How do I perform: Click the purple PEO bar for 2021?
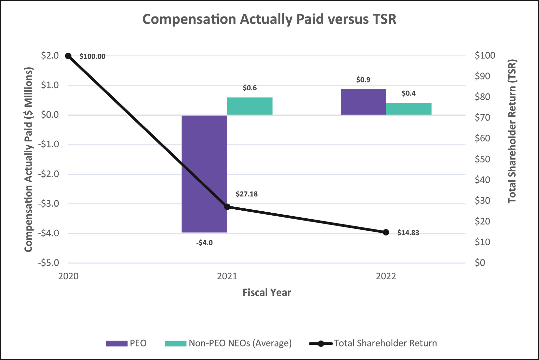204,174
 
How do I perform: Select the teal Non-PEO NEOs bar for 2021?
250,106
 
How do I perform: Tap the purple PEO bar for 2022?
363,102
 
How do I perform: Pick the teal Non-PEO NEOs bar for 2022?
409,109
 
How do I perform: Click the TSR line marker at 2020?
68,56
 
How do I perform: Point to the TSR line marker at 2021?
227,207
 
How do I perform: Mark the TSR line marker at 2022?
386,232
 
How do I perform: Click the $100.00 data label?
92,57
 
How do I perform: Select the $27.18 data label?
247,194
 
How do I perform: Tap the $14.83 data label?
408,233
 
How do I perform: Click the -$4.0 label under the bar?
204,243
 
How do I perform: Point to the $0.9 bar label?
363,80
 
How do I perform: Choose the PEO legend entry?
126,343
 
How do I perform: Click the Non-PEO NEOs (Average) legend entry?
228,344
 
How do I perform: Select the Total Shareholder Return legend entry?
373,343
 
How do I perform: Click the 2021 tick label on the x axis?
227,276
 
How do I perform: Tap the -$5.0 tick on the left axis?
48,263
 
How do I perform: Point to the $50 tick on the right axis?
482,159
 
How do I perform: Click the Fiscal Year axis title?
267,292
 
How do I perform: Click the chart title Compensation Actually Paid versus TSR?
269,19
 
